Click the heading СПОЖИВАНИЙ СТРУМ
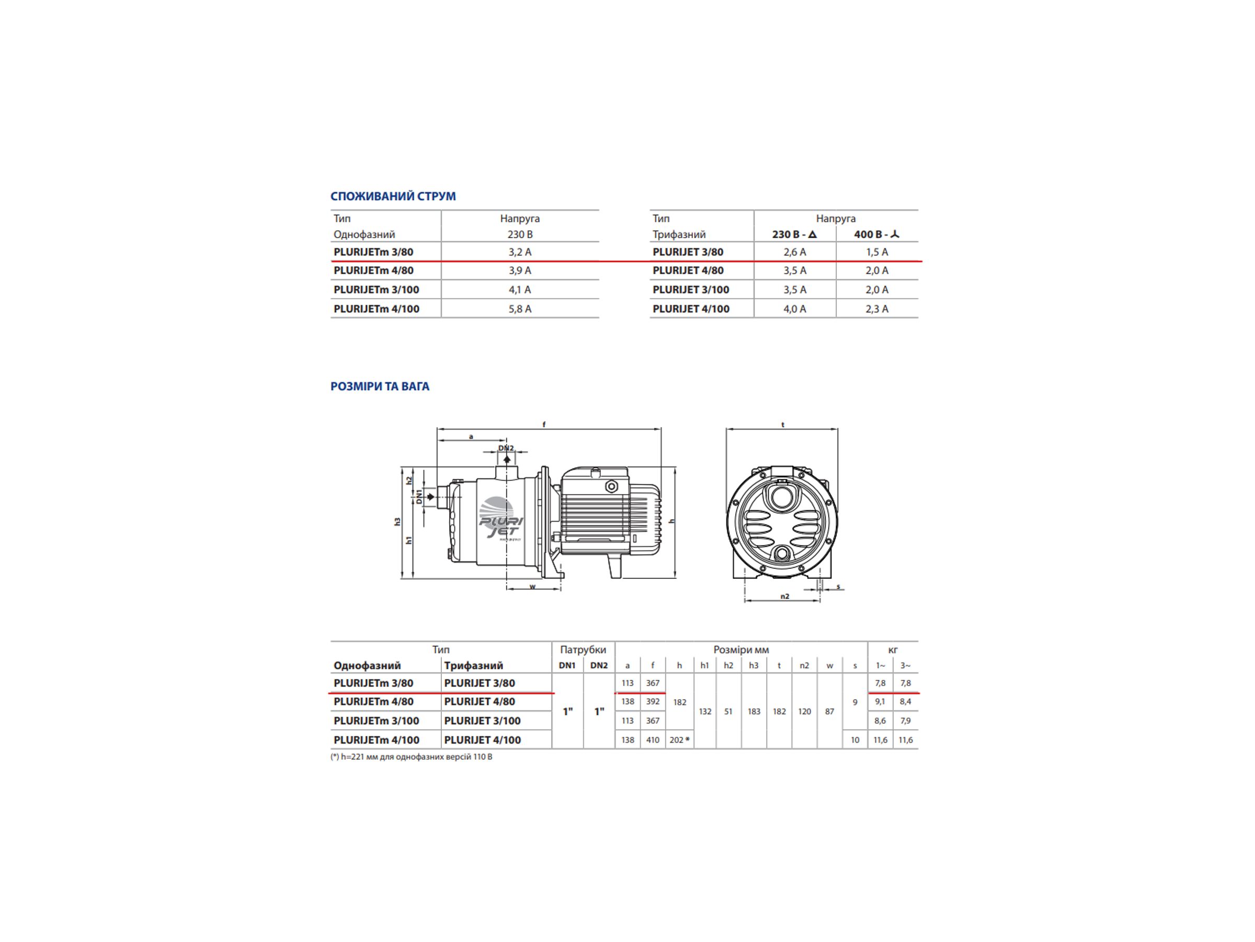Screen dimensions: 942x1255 coord(393,196)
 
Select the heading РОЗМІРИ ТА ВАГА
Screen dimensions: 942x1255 coord(380,387)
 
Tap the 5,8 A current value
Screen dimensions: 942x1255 coord(520,309)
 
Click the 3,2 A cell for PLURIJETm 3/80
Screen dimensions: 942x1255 coord(520,252)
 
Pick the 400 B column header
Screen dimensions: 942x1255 coord(876,234)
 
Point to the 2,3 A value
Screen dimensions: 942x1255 coord(876,309)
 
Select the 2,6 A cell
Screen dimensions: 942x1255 coord(794,252)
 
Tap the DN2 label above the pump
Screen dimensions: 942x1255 coord(506,448)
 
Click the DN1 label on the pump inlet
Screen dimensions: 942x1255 coord(419,497)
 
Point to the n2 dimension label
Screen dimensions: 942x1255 coord(785,596)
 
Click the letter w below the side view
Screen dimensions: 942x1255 coord(532,587)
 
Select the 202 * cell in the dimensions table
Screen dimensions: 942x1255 coord(679,740)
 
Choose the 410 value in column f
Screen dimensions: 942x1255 coord(653,740)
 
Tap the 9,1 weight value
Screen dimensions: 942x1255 coord(880,702)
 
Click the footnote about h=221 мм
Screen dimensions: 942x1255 coord(412,757)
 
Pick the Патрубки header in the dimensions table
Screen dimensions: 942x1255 coord(583,649)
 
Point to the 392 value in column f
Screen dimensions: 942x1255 coord(653,702)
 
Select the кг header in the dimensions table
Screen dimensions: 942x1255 coord(893,649)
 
